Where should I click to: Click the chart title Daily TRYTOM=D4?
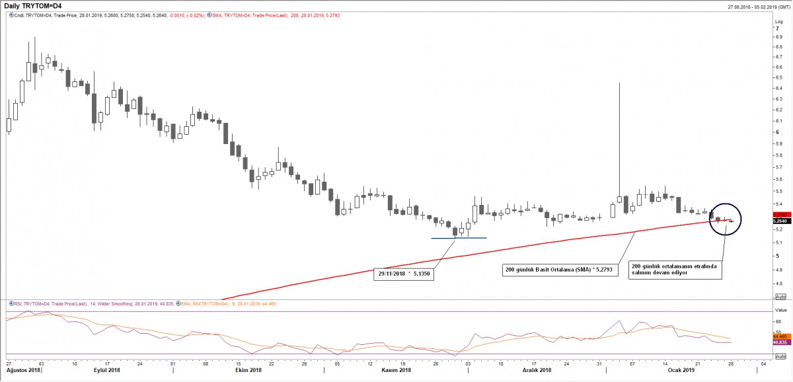tap(33, 6)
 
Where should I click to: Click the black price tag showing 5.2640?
tap(781, 221)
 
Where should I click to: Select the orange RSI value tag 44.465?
tap(780, 336)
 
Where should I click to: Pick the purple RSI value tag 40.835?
tap(780, 342)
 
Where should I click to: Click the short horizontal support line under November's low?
tap(459, 238)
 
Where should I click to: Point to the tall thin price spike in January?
tap(619, 132)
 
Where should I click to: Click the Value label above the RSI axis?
tap(780, 309)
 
